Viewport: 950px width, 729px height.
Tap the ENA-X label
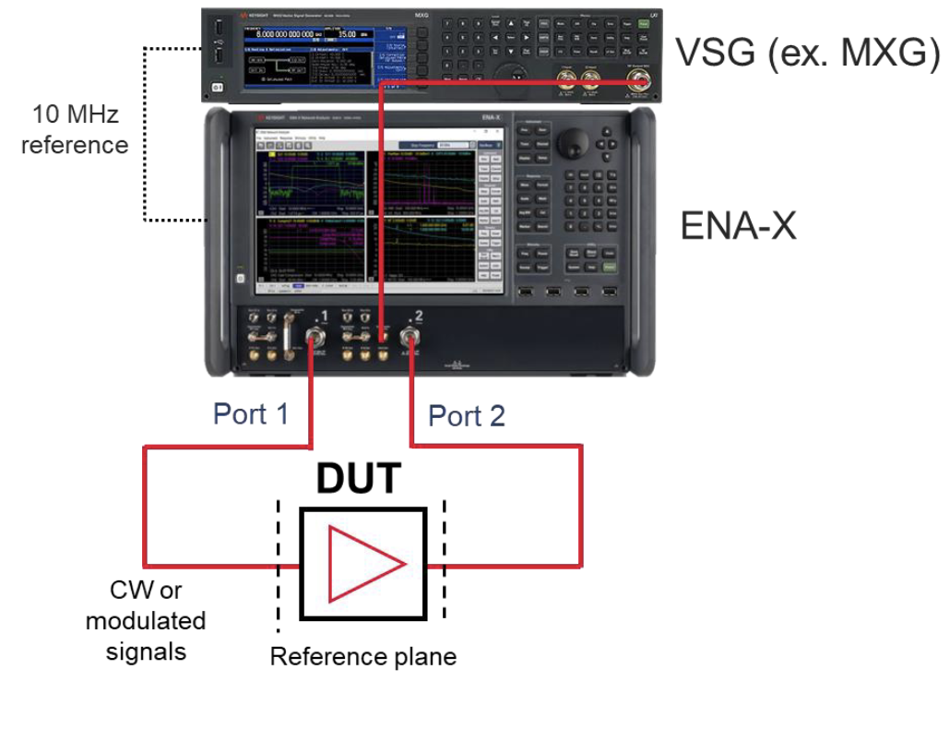pos(738,225)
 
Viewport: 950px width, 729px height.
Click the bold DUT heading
pos(360,479)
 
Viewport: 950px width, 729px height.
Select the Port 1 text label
pos(251,413)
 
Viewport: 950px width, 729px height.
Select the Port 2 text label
pos(467,416)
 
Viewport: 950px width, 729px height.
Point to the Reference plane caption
pos(362,657)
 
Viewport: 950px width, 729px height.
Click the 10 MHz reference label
pos(75,130)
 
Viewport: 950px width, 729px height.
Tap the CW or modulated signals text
pos(146,621)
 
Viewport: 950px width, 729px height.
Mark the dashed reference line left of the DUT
pos(278,563)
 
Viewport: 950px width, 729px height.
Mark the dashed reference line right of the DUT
pos(445,563)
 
